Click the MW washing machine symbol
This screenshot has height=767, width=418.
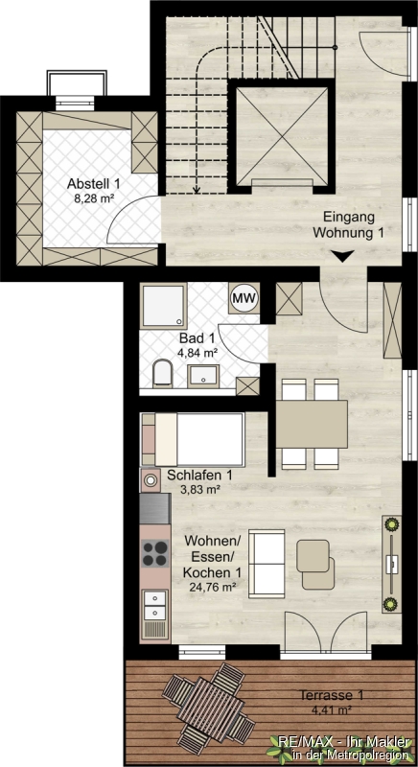(x=244, y=297)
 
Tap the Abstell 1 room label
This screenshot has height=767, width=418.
(x=94, y=184)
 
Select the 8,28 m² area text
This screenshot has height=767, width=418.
(x=94, y=198)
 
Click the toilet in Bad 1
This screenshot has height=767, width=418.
(x=162, y=374)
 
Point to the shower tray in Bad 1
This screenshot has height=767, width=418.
(x=163, y=306)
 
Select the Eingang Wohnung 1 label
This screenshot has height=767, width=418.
(x=348, y=225)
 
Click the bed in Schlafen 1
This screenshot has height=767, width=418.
(x=193, y=439)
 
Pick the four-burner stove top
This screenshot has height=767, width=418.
(x=155, y=553)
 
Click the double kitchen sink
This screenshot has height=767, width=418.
(x=155, y=605)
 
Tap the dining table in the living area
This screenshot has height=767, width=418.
(x=312, y=424)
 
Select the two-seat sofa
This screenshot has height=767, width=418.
(x=267, y=564)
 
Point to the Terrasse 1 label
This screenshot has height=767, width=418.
(x=332, y=695)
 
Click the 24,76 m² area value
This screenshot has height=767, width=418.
(x=210, y=587)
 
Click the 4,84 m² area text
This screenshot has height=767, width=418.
(x=199, y=351)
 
